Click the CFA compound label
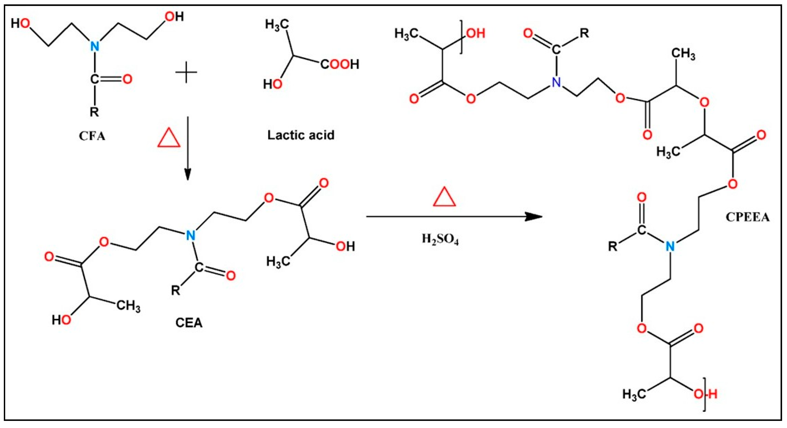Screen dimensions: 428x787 click(x=92, y=136)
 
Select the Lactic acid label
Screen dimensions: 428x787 click(x=301, y=135)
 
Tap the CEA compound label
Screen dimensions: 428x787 click(x=189, y=323)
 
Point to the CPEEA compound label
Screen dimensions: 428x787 click(x=747, y=217)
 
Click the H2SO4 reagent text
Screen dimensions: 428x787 click(x=440, y=239)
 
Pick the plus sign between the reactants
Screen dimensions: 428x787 click(x=186, y=72)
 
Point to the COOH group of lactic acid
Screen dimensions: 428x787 click(x=339, y=65)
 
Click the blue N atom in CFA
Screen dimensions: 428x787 click(x=95, y=46)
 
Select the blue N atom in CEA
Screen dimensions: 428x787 click(x=191, y=235)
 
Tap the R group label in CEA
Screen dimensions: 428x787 click(x=176, y=290)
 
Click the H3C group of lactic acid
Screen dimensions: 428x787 click(x=277, y=24)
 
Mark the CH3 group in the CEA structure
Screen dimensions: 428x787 click(x=128, y=305)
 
